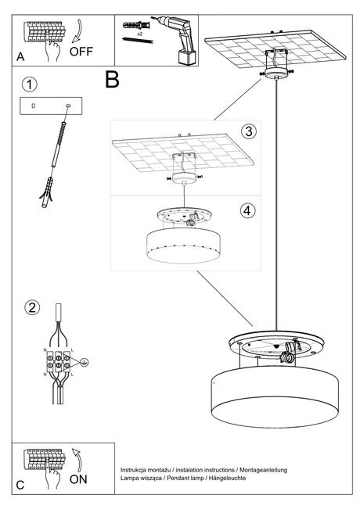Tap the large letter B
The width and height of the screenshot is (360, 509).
click(x=113, y=80)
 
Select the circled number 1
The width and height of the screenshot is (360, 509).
click(x=28, y=84)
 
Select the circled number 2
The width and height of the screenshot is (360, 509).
click(x=31, y=306)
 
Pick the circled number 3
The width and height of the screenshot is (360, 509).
click(x=247, y=131)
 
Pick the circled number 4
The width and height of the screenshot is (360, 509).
click(x=247, y=210)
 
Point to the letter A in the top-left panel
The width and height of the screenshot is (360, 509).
click(x=21, y=57)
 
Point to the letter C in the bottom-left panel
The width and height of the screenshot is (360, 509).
click(x=21, y=485)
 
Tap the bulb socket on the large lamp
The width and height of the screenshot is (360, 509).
click(x=288, y=354)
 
